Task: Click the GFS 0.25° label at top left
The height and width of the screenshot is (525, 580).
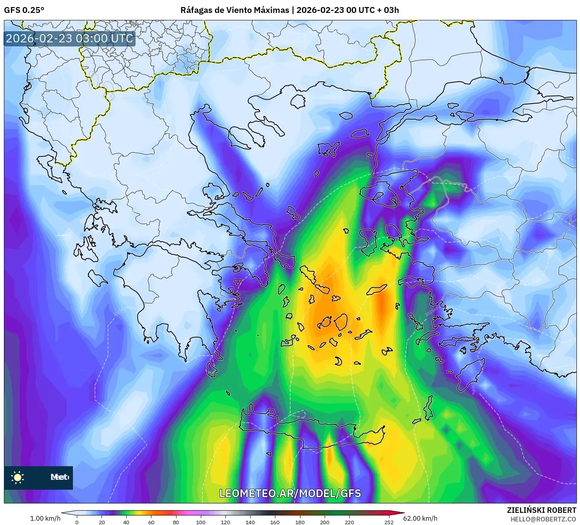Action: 24,10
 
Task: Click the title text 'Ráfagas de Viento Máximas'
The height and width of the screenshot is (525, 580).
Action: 235,10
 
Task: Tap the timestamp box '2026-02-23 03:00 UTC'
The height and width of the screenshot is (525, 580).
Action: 69,38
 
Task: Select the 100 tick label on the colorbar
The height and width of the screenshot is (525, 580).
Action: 200,522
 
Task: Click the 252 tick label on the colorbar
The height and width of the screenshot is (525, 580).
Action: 389,522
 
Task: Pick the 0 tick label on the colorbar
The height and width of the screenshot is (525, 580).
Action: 77,522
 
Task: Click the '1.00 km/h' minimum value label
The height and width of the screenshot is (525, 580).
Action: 45,518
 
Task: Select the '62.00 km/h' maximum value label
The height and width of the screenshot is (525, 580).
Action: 420,518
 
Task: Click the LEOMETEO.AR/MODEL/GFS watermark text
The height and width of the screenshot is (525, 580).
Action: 290,493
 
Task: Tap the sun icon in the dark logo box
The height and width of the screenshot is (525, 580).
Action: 18,477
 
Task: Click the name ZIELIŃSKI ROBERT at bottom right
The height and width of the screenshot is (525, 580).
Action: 541,510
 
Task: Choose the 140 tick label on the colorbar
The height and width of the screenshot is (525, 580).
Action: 250,522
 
